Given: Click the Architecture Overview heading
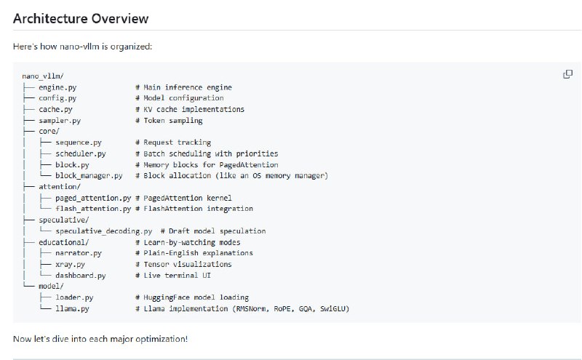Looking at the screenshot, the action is click(x=81, y=19).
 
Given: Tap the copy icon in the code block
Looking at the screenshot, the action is click(x=567, y=74).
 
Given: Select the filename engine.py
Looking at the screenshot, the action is click(x=57, y=87).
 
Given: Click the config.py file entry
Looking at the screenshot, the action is click(x=57, y=98).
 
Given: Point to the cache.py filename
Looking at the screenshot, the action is click(x=56, y=110).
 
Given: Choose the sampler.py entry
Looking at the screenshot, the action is click(x=60, y=121).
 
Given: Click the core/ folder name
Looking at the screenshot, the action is click(x=49, y=132).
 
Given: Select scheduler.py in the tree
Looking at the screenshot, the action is click(x=81, y=153).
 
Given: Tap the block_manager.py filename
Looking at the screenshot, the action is click(x=89, y=175).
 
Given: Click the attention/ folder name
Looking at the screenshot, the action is click(x=60, y=187).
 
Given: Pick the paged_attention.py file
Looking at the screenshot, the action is click(x=93, y=199).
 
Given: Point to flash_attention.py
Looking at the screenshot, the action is click(x=93, y=209).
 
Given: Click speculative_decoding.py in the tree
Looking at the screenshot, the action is click(x=104, y=231).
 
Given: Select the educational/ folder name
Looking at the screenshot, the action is click(x=64, y=242).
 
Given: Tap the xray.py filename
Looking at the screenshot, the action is click(x=70, y=265).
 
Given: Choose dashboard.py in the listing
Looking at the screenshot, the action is click(x=81, y=276).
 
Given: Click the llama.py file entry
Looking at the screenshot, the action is click(x=72, y=309).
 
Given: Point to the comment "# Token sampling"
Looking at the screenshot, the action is click(x=169, y=121).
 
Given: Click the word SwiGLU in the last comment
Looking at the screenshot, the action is click(x=335, y=309).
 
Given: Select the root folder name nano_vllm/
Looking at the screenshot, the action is click(x=43, y=76).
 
